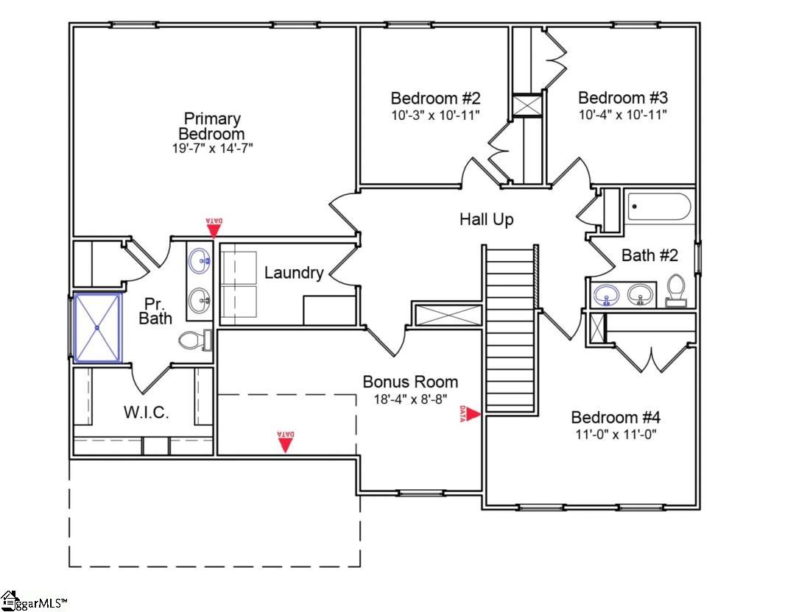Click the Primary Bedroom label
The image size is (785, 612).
[212, 127]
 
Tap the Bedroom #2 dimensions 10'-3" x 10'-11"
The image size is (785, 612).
[435, 115]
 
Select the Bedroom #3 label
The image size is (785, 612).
[622, 98]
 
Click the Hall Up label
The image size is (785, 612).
[486, 219]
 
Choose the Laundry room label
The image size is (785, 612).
[294, 273]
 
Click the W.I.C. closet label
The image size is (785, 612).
[145, 413]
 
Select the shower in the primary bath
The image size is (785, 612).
[97, 327]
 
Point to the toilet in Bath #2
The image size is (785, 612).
[675, 290]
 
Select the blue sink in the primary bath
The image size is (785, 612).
[199, 260]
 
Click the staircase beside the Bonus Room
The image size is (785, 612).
[510, 328]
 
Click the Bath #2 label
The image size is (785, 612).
[650, 255]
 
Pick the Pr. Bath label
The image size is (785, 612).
[156, 310]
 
